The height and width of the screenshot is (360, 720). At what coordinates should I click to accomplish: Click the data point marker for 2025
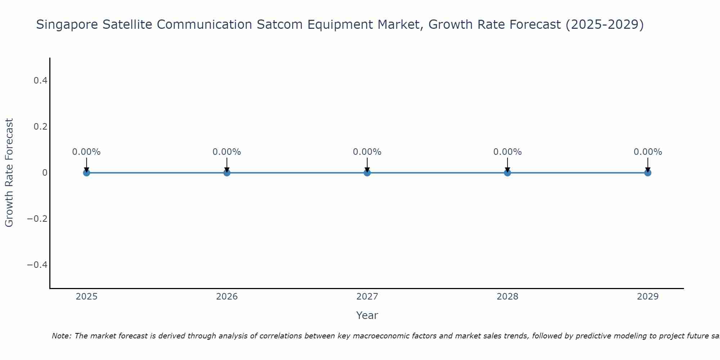pyautogui.click(x=86, y=173)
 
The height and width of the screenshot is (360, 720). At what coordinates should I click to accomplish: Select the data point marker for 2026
pyautogui.click(x=227, y=173)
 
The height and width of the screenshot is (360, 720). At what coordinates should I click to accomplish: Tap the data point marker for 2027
pyautogui.click(x=367, y=173)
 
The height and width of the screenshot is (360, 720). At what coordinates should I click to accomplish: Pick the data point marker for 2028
pyautogui.click(x=507, y=173)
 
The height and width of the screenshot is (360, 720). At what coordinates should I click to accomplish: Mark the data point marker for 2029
pyautogui.click(x=648, y=173)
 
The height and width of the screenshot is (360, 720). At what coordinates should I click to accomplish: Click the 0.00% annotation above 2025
pyautogui.click(x=86, y=152)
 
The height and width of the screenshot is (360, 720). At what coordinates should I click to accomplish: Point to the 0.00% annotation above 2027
pyautogui.click(x=367, y=152)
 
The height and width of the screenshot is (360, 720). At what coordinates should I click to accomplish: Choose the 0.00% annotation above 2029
pyautogui.click(x=648, y=152)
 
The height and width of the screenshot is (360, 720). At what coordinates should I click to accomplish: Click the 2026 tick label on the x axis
pyautogui.click(x=227, y=297)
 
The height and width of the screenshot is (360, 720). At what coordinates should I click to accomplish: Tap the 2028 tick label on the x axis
pyautogui.click(x=507, y=297)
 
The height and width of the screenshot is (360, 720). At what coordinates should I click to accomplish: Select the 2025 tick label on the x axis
pyautogui.click(x=87, y=297)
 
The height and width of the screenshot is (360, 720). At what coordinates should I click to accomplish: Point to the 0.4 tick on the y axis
pyautogui.click(x=41, y=81)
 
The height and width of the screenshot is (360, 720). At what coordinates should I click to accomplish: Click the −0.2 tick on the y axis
pyautogui.click(x=37, y=219)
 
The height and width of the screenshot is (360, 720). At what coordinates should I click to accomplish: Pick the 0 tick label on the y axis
pyautogui.click(x=45, y=173)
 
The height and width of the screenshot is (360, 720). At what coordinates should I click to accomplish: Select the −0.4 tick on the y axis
pyautogui.click(x=37, y=265)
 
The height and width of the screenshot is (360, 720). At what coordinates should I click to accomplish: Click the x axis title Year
pyautogui.click(x=367, y=315)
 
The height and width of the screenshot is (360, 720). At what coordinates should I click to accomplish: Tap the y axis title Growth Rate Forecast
pyautogui.click(x=9, y=173)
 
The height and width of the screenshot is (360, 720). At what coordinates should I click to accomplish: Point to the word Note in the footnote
pyautogui.click(x=61, y=336)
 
